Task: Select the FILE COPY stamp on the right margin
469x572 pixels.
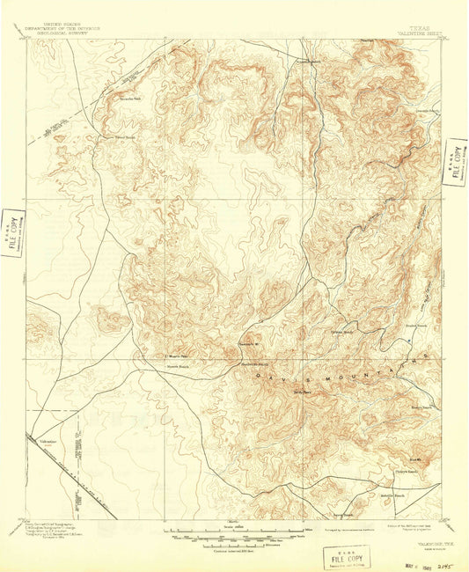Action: (x=456, y=162)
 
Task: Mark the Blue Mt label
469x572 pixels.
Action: (x=416, y=458)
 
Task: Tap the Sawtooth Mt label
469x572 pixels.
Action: (x=250, y=344)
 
